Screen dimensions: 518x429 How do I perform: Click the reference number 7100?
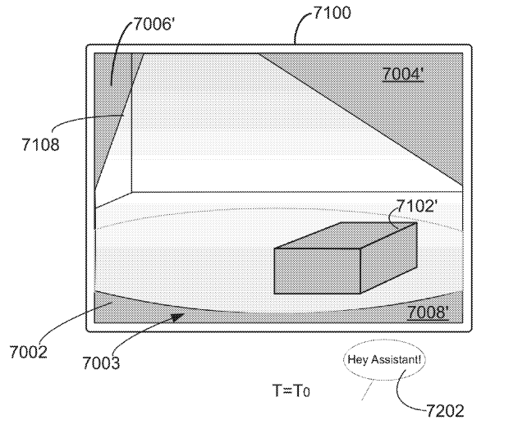tap(332, 13)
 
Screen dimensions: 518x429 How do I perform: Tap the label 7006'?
tap(154, 24)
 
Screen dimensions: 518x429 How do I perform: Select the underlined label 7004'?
tap(403, 74)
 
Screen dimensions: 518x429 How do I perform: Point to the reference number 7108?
tap(40, 144)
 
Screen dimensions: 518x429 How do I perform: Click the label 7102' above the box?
tap(416, 206)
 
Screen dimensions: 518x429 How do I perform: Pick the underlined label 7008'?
tap(428, 312)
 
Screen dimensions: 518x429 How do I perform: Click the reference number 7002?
tap(29, 352)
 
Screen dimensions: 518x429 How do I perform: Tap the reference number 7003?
tap(101, 363)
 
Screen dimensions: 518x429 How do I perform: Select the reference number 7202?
tap(445, 411)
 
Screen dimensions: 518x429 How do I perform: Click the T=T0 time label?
tap(291, 390)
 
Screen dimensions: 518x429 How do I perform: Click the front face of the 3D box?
tap(317, 271)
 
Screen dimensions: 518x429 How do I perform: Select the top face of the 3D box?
tap(346, 235)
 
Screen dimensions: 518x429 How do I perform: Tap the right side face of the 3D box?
tap(389, 258)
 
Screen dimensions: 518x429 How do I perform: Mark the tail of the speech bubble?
tap(368, 390)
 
